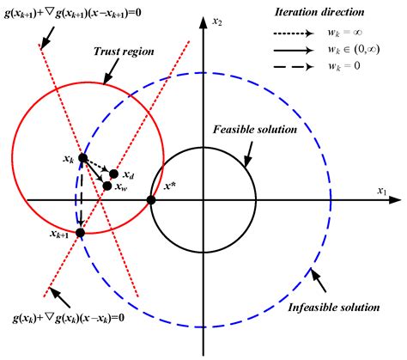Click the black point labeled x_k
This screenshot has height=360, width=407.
[x=82, y=158]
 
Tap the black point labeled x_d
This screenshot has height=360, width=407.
[x=114, y=174]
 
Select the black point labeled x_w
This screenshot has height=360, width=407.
[x=106, y=186]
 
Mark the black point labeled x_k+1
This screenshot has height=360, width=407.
[x=81, y=232]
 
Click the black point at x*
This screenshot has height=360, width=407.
[x=151, y=200]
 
